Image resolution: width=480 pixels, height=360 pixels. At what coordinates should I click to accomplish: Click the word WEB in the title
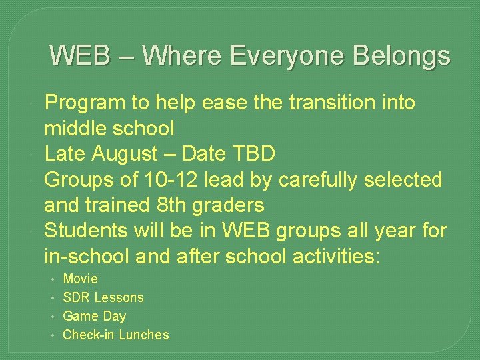(x=81, y=55)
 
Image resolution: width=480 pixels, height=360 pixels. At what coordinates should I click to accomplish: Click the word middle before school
(x=75, y=128)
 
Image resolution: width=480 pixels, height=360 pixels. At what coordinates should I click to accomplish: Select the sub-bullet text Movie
(x=80, y=279)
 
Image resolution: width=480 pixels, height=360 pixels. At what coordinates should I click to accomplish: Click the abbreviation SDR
(x=76, y=297)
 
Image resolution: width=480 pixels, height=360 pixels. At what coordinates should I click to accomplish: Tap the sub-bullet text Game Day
(x=94, y=316)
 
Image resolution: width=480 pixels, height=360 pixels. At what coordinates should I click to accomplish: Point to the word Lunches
(x=144, y=335)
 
